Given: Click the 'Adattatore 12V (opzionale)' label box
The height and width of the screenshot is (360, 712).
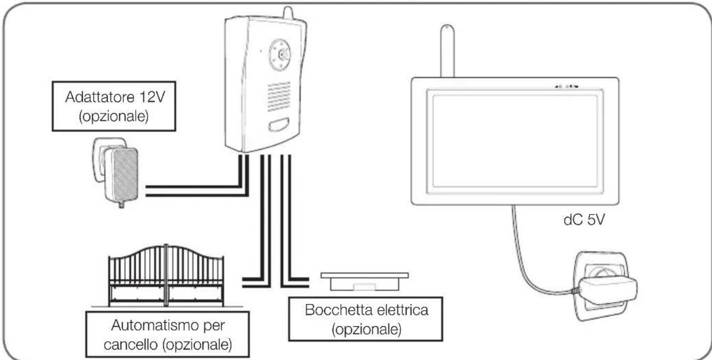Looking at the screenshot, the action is pyautogui.click(x=114, y=106).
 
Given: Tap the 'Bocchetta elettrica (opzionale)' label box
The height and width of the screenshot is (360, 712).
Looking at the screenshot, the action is pyautogui.click(x=366, y=319).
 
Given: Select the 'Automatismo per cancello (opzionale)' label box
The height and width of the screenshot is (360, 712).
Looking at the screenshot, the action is pyautogui.click(x=167, y=335).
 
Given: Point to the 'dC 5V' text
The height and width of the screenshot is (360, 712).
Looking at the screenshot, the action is pyautogui.click(x=584, y=220).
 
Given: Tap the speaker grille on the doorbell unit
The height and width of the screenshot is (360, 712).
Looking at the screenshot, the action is pyautogui.click(x=279, y=97).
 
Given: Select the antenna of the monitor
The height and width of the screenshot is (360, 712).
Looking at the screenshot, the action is pyautogui.click(x=447, y=51).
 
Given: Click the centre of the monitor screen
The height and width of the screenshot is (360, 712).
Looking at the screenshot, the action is pyautogui.click(x=515, y=141).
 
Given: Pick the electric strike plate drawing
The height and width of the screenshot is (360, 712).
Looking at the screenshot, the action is pyautogui.click(x=365, y=281).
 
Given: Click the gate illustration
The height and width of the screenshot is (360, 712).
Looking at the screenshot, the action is pyautogui.click(x=166, y=276).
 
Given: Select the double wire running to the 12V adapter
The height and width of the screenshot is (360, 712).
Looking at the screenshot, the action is pyautogui.click(x=197, y=191).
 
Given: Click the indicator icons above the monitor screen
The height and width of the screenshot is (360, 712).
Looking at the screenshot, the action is pyautogui.click(x=566, y=86).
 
